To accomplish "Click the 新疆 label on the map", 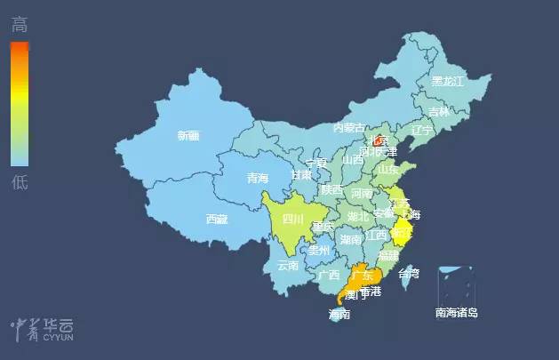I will coord(188,136).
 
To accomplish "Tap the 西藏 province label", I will coord(217,219).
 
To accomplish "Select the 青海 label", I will coord(258,178).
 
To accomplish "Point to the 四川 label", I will coord(293,219).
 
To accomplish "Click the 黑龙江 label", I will coord(448,81).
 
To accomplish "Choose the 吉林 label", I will coord(439,112).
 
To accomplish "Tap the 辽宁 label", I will coord(421,130).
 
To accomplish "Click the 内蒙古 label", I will coord(349,128).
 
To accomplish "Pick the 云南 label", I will coord(288,265).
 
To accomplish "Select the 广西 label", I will coord(328,275).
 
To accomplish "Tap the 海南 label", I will coord(339,314).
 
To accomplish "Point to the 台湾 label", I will coord(407,273).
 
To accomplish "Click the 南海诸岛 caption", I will coord(457,312).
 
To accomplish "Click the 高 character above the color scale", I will coord(20,25).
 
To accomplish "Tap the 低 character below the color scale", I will coord(20,182).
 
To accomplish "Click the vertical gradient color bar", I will coord(20,103).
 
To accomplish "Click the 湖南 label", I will coord(351,239).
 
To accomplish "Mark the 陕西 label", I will coord(332,190).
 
